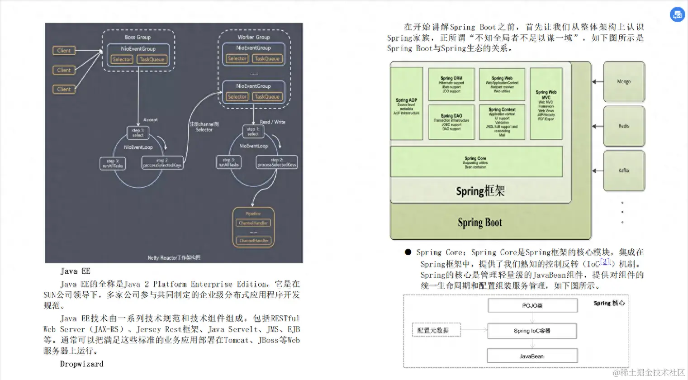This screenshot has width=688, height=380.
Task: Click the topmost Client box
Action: [64, 51]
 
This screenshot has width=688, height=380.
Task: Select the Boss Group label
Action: [138, 37]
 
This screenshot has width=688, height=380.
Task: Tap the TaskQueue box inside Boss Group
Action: [152, 59]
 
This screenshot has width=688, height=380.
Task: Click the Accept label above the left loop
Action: [150, 120]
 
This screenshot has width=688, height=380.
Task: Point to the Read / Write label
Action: [272, 122]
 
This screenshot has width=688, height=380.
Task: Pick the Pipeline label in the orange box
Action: [253, 214]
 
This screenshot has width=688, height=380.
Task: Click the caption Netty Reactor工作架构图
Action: [174, 258]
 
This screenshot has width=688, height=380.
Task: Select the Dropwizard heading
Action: [81, 364]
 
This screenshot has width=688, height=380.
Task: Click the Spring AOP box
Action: [406, 104]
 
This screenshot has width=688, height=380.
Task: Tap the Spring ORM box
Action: [451, 84]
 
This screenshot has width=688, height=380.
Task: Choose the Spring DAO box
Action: [451, 122]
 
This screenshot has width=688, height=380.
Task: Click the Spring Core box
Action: [476, 162]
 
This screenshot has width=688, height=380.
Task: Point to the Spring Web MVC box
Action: [546, 104]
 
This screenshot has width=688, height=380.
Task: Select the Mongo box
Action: [624, 82]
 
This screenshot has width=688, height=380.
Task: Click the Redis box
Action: [624, 126]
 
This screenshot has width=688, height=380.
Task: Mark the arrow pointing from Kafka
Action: [598, 171]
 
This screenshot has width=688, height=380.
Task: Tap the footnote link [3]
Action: [605, 261]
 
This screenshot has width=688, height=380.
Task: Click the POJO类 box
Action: [532, 306]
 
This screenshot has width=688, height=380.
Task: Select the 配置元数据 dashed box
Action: [433, 330]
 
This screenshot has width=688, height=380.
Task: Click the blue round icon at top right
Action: [677, 15]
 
